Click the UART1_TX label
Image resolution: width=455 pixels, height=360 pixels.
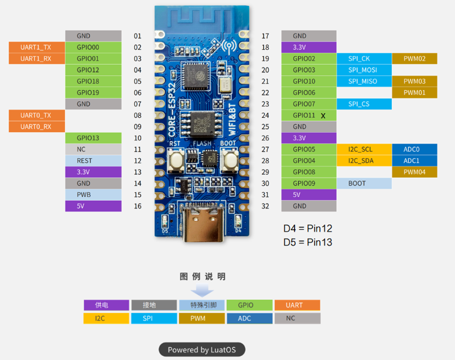36,47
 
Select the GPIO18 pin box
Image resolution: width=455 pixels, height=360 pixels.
93,82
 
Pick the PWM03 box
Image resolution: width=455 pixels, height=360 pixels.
414,82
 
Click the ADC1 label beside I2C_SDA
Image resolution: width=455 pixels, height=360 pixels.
414,161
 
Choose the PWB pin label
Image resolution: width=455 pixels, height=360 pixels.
93,195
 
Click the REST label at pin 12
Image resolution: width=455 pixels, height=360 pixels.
93,161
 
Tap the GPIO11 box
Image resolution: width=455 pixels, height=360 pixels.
308,115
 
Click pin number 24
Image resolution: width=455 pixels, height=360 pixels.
265,115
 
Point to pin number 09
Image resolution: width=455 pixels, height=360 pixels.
138,127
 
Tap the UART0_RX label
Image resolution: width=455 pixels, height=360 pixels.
36,127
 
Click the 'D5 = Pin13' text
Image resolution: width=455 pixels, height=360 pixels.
308,242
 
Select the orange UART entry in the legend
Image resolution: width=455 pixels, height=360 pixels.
297,305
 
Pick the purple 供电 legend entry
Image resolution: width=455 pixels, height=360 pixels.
106,305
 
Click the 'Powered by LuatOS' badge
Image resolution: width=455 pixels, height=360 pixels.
202,350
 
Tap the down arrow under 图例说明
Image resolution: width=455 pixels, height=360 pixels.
202,291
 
